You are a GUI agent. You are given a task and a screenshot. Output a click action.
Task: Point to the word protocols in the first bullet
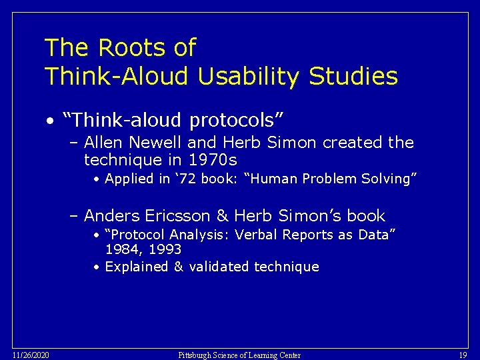pyautogui.click(x=237, y=121)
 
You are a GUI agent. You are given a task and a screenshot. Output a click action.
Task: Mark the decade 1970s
pyautogui.click(x=213, y=160)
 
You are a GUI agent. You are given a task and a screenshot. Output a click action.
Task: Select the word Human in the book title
pyautogui.click(x=277, y=179)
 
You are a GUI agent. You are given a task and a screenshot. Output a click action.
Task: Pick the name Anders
pyautogui.click(x=110, y=216)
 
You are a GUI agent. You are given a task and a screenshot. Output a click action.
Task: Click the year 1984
pyautogui.click(x=119, y=249)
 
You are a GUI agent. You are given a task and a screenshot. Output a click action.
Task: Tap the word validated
pyautogui.click(x=220, y=267)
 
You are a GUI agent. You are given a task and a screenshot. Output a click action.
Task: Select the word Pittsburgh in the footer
pyautogui.click(x=196, y=355)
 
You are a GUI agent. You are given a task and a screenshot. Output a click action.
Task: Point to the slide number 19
pyautogui.click(x=463, y=355)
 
